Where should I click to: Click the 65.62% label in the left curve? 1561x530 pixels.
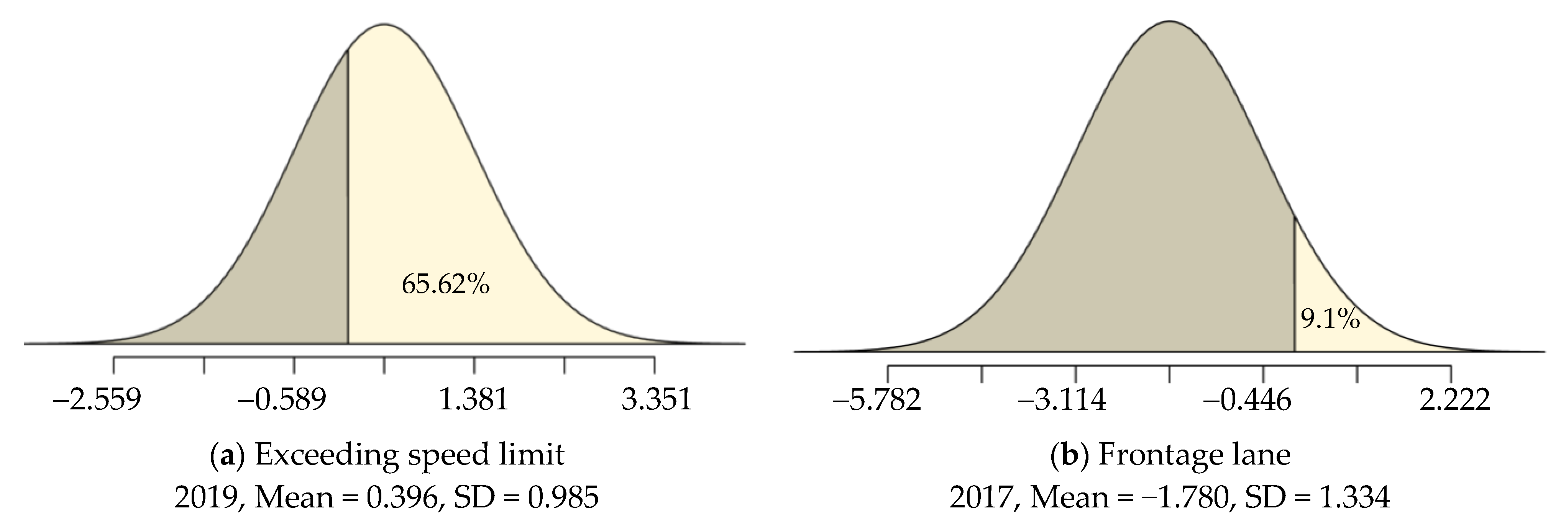[445, 284]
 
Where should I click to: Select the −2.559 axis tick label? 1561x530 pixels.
[97, 400]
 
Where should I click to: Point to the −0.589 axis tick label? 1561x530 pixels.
[282, 400]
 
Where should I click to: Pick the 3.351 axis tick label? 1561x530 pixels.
[656, 400]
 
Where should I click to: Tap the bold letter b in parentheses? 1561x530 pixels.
[1068, 455]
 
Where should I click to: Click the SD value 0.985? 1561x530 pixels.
[563, 498]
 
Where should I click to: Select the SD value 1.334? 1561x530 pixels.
[1355, 498]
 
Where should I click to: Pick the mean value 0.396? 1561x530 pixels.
[402, 498]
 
